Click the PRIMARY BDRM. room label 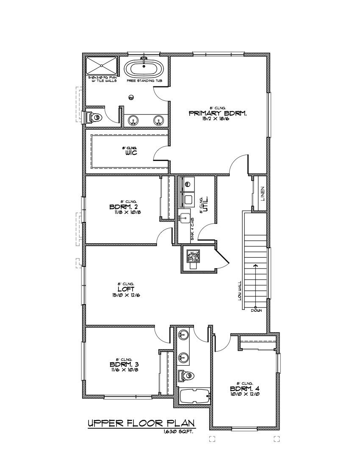tap(218, 114)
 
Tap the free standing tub tap(144, 69)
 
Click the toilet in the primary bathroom tap(94, 117)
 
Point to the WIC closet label tap(130, 153)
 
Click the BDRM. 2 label tap(124, 207)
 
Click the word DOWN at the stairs tap(256, 311)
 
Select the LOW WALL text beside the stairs tap(240, 291)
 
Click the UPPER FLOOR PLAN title tap(141, 423)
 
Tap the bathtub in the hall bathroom tap(194, 397)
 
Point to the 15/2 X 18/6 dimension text tap(218, 119)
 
